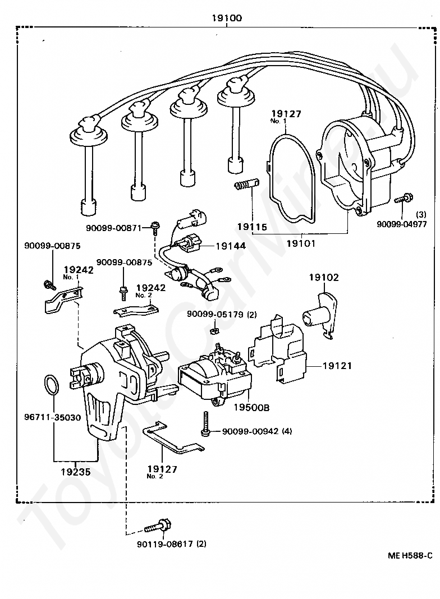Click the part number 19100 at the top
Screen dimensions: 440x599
[227, 17]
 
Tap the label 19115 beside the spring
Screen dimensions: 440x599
[252, 227]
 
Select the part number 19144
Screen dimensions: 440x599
[231, 246]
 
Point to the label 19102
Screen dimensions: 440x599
[324, 277]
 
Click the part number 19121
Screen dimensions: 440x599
[337, 366]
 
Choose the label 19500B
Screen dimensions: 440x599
[251, 408]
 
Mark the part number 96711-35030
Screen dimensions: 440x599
[52, 417]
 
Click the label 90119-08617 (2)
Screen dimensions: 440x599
[172, 543]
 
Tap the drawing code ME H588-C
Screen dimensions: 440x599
[410, 555]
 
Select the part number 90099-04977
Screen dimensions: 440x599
[402, 224]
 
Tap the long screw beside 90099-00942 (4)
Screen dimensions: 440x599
[205, 423]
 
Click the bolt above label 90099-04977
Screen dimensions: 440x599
[402, 199]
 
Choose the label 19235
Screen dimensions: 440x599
[76, 472]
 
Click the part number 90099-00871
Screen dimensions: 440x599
[114, 228]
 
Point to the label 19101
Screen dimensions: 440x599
[301, 243]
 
